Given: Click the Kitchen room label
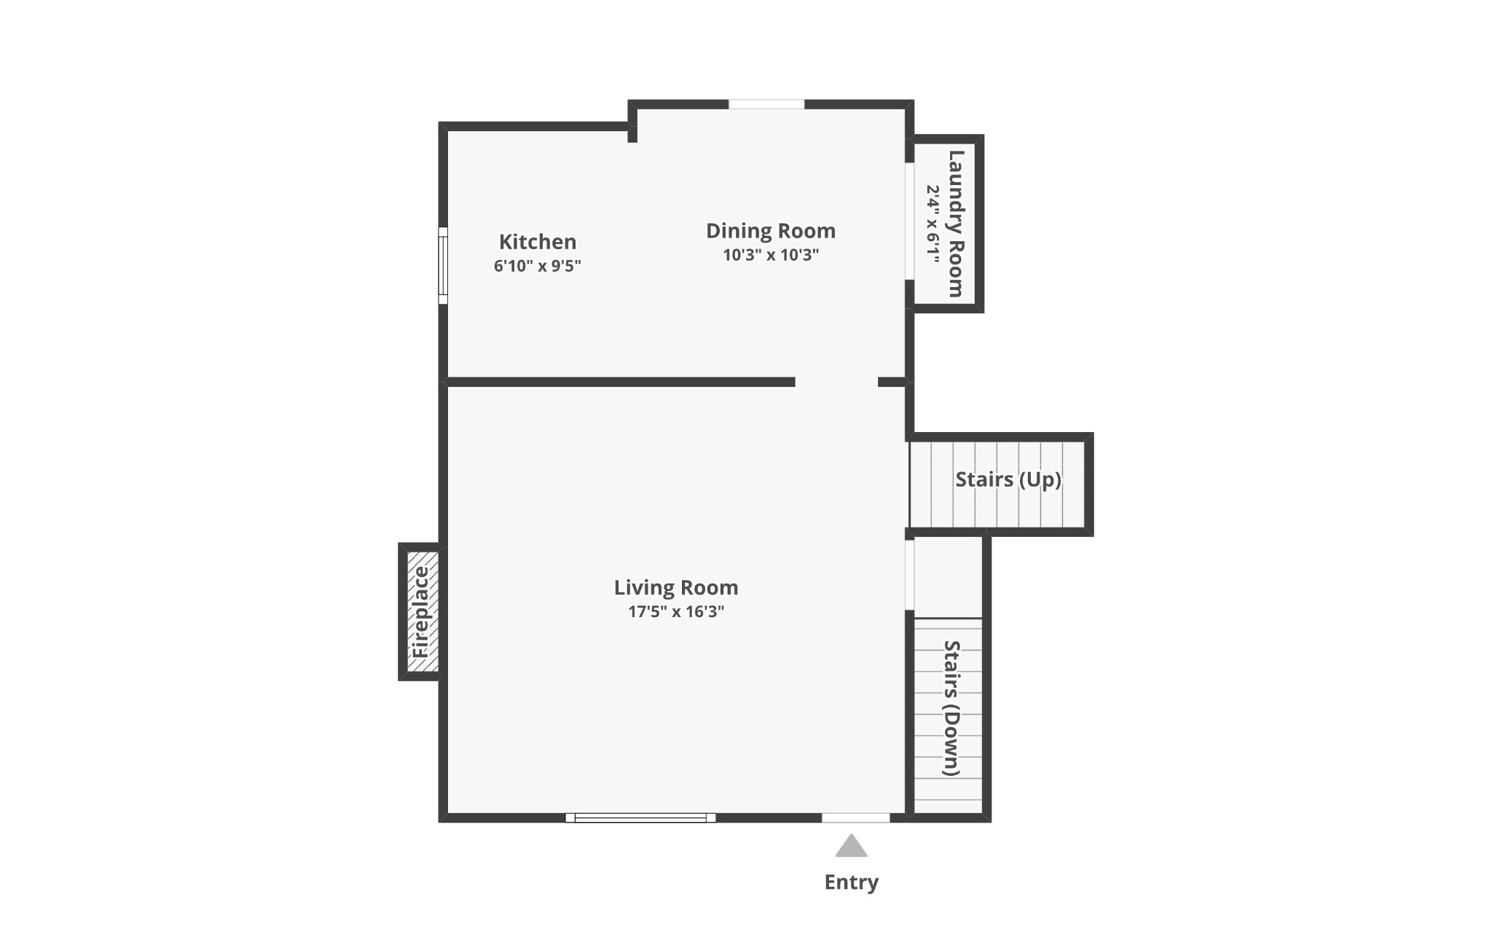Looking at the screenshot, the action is [538, 241].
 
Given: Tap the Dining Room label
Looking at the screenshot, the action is [771, 231].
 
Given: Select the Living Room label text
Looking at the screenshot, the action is [676, 587].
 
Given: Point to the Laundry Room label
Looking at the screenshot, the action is [956, 224].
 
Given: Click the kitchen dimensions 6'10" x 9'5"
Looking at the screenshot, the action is [538, 265].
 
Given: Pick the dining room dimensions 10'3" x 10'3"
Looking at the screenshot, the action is [771, 255].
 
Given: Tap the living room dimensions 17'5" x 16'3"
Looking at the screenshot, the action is [676, 611].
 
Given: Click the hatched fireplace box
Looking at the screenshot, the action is [423, 611].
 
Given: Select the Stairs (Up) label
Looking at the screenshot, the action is [1008, 479].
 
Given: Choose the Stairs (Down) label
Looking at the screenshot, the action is [952, 708].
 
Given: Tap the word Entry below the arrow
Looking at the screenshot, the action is [851, 882].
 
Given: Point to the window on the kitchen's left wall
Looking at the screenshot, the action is [443, 265].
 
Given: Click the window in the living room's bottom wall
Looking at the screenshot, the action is [640, 818].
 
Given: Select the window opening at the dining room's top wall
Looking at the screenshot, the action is [766, 104].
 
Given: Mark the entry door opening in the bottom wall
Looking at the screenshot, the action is [856, 818].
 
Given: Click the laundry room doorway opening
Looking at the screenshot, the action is [909, 221].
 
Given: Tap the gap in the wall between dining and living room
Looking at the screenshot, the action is [836, 382].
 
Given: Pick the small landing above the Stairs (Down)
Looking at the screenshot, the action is [948, 577].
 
